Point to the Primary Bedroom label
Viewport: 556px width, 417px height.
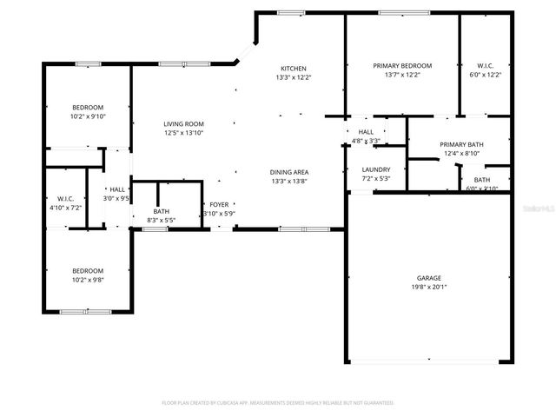pyautogui.click(x=402, y=66)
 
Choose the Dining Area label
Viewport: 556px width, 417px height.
pyautogui.click(x=289, y=172)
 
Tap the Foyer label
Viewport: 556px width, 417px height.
pyautogui.click(x=218, y=204)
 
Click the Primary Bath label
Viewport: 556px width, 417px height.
pyautogui.click(x=461, y=145)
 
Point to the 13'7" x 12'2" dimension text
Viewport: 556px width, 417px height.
pyautogui.click(x=402, y=76)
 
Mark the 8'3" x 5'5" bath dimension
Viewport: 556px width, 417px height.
pyautogui.click(x=162, y=221)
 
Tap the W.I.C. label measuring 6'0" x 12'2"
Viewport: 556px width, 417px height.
pyautogui.click(x=485, y=66)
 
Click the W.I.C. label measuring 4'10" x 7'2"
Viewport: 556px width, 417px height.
pyautogui.click(x=66, y=199)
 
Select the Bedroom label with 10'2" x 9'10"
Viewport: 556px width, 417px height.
pyautogui.click(x=88, y=108)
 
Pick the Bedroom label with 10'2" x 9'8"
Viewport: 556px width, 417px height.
pyautogui.click(x=88, y=270)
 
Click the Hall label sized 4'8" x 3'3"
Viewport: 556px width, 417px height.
pyautogui.click(x=366, y=131)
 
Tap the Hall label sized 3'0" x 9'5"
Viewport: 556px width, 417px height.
pyautogui.click(x=117, y=189)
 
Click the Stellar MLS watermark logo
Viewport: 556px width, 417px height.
pyautogui.click(x=532, y=209)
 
